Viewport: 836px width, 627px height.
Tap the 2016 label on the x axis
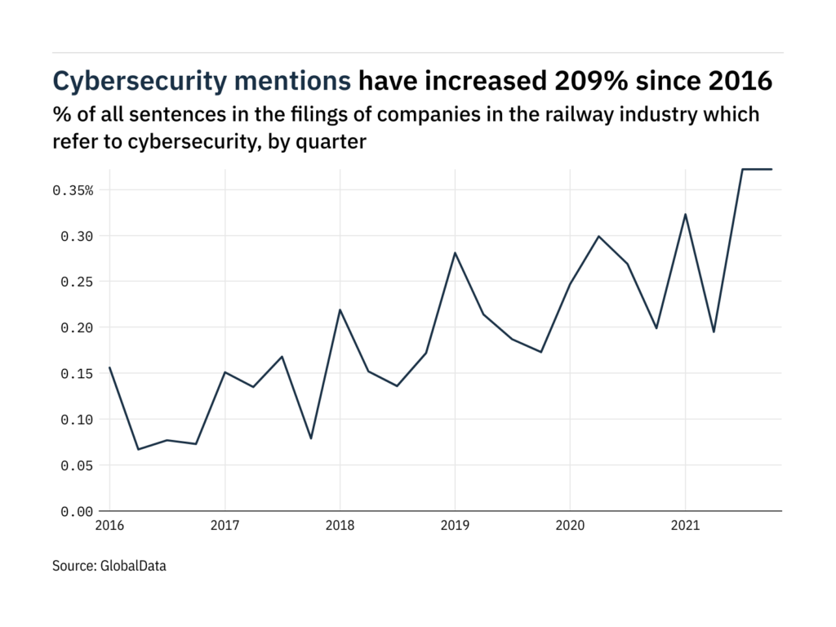tap(110, 527)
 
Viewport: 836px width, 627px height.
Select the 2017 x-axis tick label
tap(225, 527)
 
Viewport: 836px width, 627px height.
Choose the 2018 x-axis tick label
tap(340, 527)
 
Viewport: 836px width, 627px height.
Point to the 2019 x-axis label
tap(455, 527)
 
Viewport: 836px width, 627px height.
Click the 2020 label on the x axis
tap(570, 527)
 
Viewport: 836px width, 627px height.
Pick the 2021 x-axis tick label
tap(685, 527)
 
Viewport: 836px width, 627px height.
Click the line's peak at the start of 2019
tap(455, 253)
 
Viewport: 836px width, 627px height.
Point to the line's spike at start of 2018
tap(340, 310)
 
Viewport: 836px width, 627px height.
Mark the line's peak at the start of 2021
tap(685, 215)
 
